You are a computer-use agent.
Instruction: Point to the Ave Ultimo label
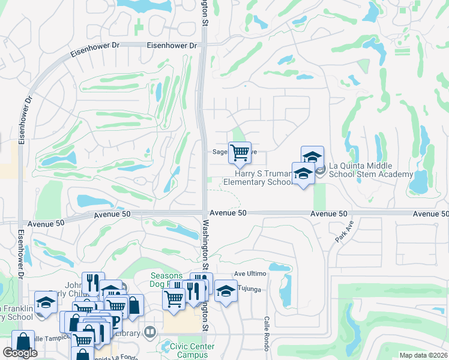click(x=250, y=274)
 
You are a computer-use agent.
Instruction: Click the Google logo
click(x=20, y=353)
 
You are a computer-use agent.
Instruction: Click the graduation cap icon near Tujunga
click(x=225, y=291)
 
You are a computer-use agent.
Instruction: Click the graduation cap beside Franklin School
click(x=45, y=302)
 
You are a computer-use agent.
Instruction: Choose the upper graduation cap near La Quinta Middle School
click(x=312, y=157)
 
